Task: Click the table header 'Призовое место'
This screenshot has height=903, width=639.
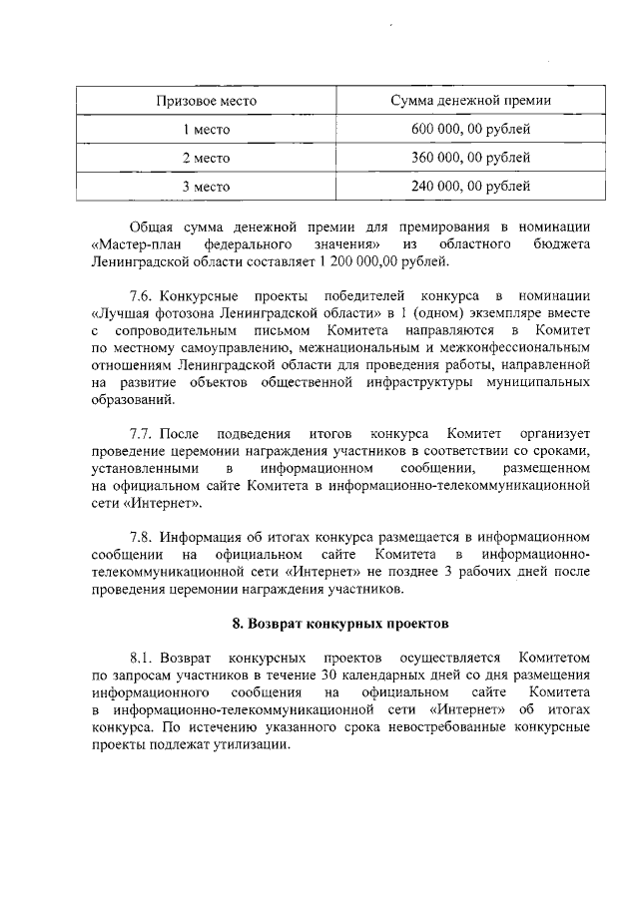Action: [x=206, y=101]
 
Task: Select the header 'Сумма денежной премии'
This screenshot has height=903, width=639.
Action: [x=470, y=101]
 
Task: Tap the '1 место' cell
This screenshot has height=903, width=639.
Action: [x=206, y=130]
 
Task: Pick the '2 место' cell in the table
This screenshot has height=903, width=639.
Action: [x=206, y=158]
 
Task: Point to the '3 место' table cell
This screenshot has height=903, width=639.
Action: [x=206, y=187]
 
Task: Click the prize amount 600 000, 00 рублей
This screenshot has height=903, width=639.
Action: [x=470, y=130]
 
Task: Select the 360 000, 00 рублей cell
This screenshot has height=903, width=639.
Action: [x=470, y=158]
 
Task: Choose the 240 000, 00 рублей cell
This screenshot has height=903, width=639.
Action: [x=470, y=187]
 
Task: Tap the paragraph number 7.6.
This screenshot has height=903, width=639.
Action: [x=143, y=297]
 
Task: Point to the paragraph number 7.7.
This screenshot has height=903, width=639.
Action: [x=143, y=434]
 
